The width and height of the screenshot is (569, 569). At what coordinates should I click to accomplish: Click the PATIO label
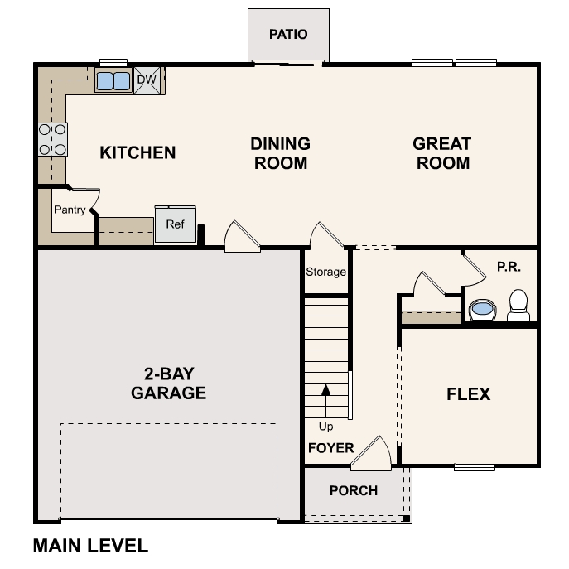288,35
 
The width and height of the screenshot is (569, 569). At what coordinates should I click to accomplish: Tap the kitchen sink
113,81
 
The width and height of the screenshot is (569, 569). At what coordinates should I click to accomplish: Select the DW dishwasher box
147,80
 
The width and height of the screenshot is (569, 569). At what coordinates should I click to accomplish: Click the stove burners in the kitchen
52,139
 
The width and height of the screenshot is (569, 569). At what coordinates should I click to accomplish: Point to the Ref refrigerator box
175,224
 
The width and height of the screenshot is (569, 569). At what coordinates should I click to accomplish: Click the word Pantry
70,210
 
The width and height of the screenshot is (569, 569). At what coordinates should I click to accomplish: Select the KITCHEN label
137,152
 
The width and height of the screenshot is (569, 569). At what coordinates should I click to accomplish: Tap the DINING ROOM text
280,153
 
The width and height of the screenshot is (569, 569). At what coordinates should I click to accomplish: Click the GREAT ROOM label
442,153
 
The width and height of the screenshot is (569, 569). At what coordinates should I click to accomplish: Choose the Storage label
325,272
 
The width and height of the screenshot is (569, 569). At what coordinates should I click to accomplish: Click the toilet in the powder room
518,305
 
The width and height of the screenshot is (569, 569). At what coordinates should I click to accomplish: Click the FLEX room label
469,394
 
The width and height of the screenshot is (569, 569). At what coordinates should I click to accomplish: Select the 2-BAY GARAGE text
168,383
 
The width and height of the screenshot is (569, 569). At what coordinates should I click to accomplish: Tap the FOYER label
330,448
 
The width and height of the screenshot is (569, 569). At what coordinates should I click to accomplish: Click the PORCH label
354,490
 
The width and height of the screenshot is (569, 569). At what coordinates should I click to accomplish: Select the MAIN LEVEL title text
90,546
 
